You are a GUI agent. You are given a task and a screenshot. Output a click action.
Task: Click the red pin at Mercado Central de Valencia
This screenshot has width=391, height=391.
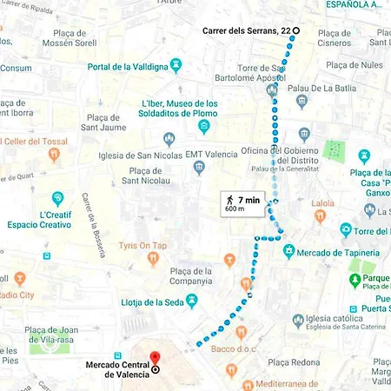pyautogui.click(x=156, y=358)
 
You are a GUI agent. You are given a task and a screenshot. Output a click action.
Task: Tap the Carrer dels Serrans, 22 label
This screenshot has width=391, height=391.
pyautogui.click(x=246, y=30)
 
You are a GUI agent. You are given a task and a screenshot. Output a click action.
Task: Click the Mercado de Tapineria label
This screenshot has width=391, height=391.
pyautogui.click(x=339, y=252)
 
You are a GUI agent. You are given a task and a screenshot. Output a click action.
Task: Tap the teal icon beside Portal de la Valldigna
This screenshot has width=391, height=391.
pyautogui.click(x=177, y=65)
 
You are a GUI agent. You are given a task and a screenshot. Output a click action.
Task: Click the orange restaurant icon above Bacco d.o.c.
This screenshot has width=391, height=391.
pyautogui.click(x=243, y=333)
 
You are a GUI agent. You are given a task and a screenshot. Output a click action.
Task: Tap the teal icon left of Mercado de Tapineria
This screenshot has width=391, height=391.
pyautogui.click(x=289, y=251)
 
